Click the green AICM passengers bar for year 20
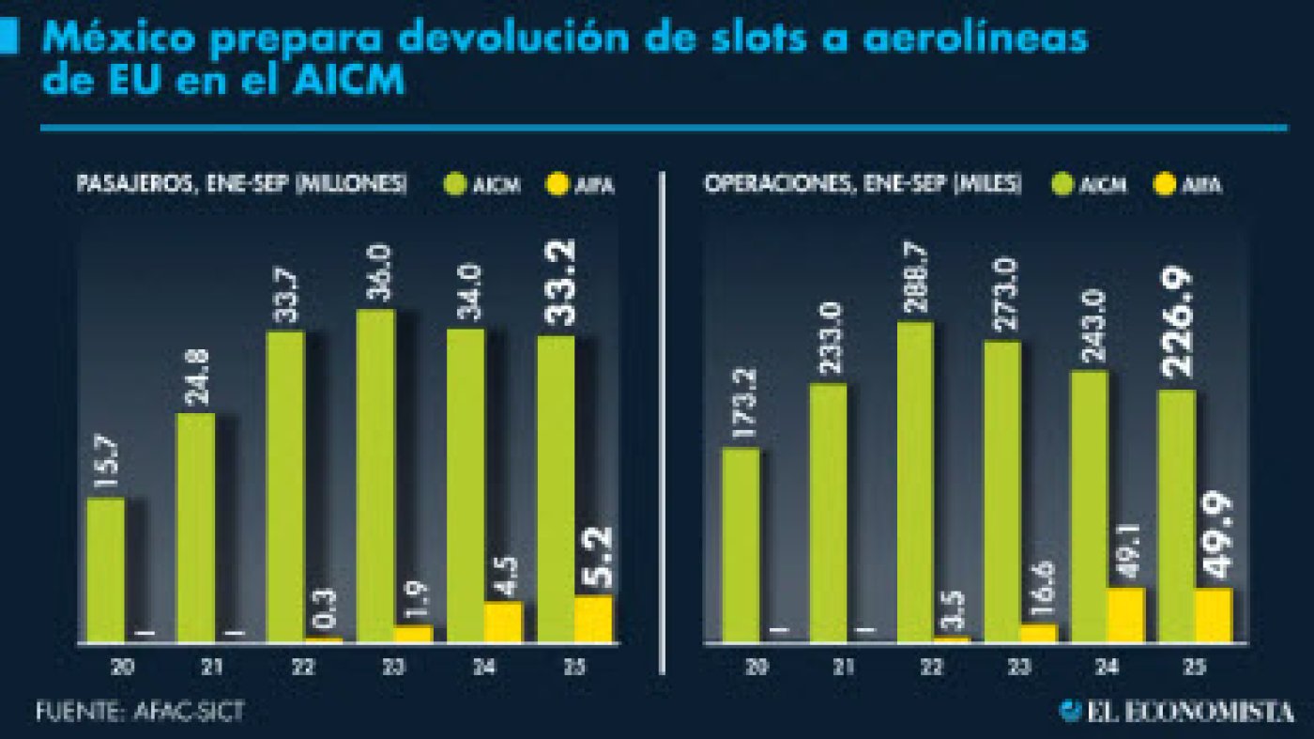(x=105, y=570)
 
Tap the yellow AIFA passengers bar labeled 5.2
(x=593, y=620)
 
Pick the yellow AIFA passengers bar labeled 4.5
(x=503, y=623)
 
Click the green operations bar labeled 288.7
(x=914, y=482)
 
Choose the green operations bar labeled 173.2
(x=740, y=545)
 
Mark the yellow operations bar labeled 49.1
(x=1126, y=615)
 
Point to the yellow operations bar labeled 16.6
(x=1038, y=634)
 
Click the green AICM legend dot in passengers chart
(x=455, y=185)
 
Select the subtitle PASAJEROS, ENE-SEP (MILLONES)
(x=242, y=184)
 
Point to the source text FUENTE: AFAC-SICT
(x=141, y=711)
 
